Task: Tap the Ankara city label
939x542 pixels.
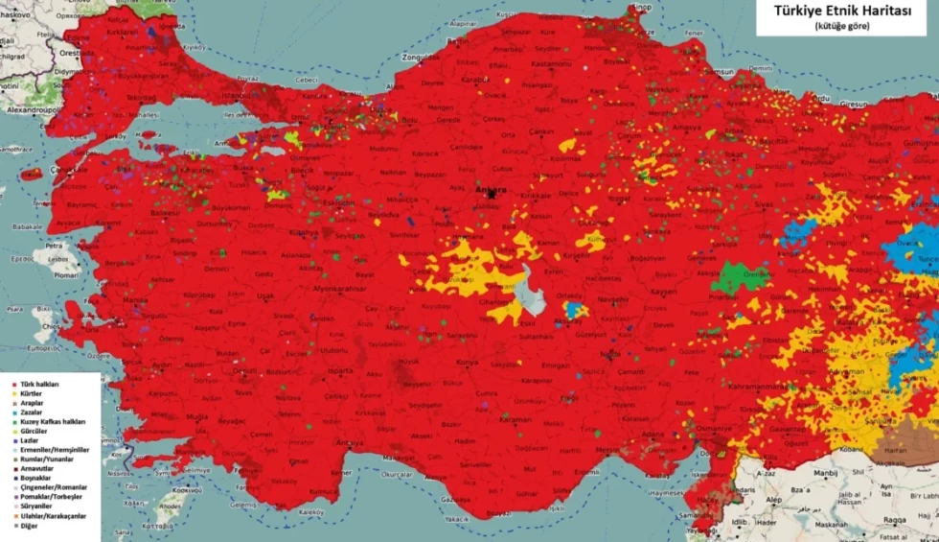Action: [490, 189]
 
